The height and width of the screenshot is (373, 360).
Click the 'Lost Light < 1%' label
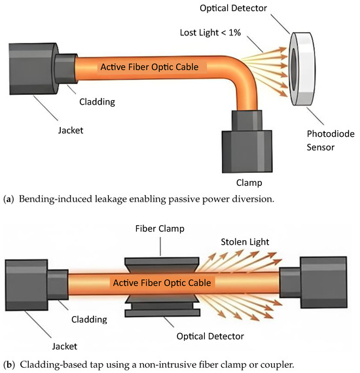click(210, 33)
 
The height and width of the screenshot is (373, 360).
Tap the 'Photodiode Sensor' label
click(331, 140)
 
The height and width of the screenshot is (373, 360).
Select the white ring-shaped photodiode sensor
click(302, 69)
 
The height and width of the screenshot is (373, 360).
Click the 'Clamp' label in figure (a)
click(249, 183)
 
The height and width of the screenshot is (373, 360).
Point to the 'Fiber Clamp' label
click(160, 228)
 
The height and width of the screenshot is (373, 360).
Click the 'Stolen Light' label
click(245, 242)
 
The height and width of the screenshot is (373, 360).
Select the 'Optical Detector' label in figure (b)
click(210, 336)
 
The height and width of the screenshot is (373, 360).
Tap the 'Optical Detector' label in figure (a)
click(233, 8)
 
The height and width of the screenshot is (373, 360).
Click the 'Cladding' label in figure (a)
click(97, 102)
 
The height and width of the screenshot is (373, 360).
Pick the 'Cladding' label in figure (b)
click(89, 319)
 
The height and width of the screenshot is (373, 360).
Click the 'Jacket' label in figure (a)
click(71, 130)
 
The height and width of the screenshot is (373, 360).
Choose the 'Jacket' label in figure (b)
click(65, 346)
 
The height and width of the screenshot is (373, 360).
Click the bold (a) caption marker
click(9, 199)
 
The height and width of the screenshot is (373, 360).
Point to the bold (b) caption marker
click(9, 364)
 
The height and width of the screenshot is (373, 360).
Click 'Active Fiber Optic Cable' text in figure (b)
click(162, 283)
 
